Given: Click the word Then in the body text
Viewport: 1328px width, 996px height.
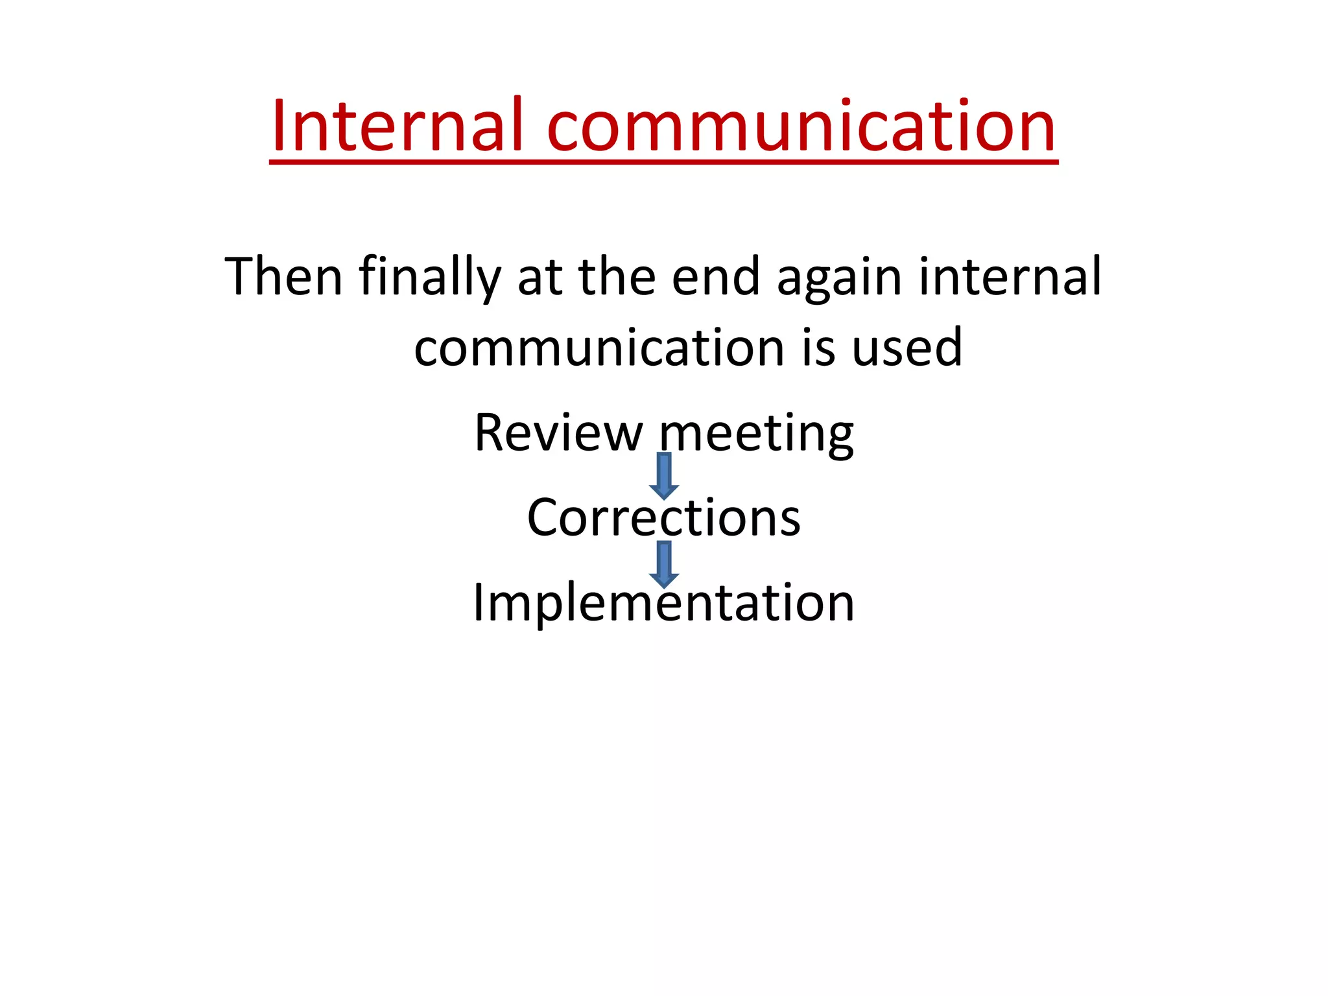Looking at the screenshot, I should (x=283, y=277).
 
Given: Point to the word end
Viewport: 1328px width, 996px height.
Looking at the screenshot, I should (x=715, y=277).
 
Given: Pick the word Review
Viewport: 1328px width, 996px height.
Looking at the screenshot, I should (x=558, y=433).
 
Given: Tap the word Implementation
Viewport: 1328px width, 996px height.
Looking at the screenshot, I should (x=664, y=603).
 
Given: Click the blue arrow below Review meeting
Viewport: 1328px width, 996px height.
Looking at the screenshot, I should (x=664, y=475).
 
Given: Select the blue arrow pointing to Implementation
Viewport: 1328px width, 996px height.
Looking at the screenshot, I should (x=664, y=563).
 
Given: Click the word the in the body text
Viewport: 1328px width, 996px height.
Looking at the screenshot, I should (x=617, y=277).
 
